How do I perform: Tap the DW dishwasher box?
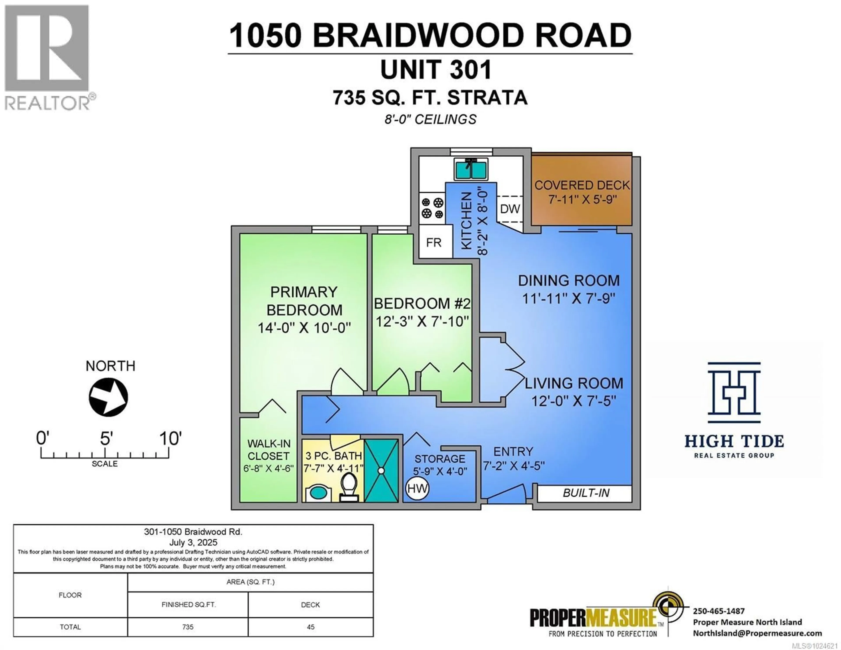pyautogui.click(x=510, y=209)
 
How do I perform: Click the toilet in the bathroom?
pyautogui.click(x=349, y=487)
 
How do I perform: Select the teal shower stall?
pyautogui.click(x=381, y=470)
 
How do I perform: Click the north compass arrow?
pyautogui.click(x=109, y=397)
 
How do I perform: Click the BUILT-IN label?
pyautogui.click(x=586, y=493)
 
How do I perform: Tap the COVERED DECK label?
pyautogui.click(x=582, y=185)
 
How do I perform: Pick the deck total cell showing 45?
pyautogui.click(x=310, y=627)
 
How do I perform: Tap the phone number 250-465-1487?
pyautogui.click(x=719, y=611)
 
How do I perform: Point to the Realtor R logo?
pyautogui.click(x=47, y=48)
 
